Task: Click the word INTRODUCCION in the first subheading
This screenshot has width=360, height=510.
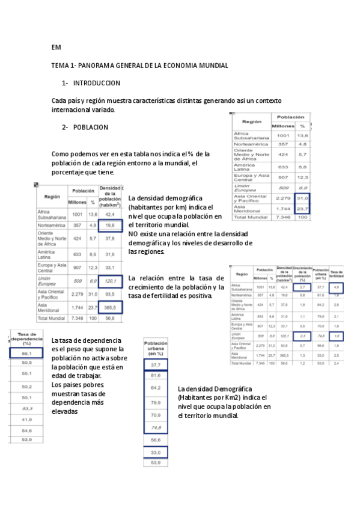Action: [x=97, y=83]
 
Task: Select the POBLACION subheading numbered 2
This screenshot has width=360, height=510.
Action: [x=90, y=127]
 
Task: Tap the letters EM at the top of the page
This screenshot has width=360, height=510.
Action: [x=56, y=48]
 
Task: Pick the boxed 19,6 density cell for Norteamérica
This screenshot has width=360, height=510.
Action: [x=110, y=226]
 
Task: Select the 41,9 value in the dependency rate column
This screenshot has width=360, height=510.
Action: [x=26, y=419]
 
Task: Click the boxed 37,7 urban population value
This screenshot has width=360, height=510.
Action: [x=156, y=365]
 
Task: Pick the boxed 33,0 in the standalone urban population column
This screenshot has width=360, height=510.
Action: [x=156, y=452]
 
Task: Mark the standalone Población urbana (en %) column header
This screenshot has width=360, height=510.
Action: [x=156, y=348]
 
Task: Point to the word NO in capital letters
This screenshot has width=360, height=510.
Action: [x=133, y=234]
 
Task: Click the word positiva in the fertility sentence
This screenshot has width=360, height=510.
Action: [x=200, y=296]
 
